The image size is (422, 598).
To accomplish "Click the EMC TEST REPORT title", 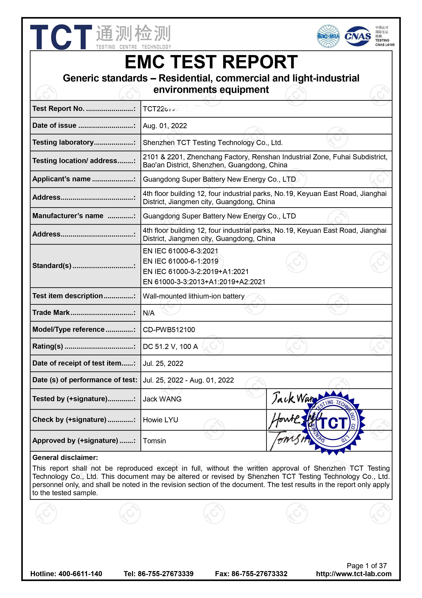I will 211,62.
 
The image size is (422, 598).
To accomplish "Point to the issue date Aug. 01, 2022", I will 165,126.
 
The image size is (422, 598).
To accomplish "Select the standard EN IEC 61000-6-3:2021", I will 180,251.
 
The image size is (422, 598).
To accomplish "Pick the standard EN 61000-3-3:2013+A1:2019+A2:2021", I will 204,282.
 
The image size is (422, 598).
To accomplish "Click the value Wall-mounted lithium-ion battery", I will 194,296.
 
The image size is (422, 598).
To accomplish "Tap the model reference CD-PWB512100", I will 169,330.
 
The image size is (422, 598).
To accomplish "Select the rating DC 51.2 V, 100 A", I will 170,347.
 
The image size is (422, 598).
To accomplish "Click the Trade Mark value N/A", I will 149,313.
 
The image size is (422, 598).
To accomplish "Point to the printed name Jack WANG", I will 162,399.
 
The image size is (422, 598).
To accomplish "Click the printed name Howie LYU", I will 160,420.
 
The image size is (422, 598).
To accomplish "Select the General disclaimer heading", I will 65,458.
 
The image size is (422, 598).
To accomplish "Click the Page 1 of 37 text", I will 367,565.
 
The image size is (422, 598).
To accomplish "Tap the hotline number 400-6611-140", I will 80,574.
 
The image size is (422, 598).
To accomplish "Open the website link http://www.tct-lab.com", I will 354,574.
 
